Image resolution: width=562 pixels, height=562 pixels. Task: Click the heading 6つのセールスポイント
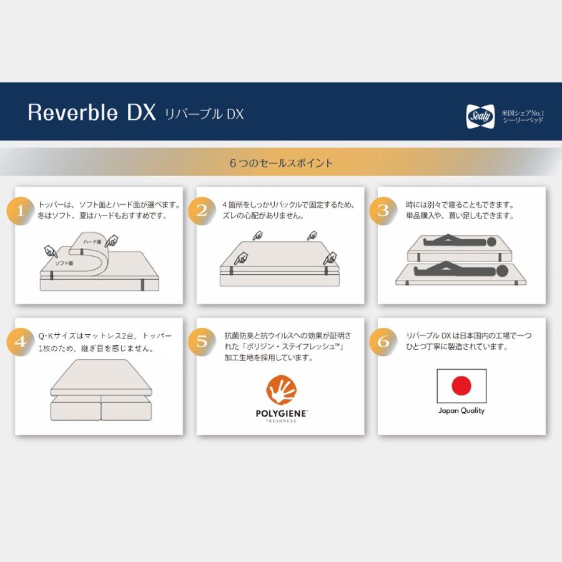click(281, 163)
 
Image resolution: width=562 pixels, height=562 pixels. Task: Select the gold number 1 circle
click(20, 210)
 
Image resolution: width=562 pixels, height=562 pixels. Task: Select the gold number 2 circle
click(201, 210)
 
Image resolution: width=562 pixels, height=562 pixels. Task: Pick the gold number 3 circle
click(383, 210)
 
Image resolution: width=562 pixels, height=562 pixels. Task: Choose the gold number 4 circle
click(20, 342)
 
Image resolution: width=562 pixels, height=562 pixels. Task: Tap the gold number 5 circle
click(201, 342)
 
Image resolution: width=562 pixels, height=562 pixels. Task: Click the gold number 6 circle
click(383, 342)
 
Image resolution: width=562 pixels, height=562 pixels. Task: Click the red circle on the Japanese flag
click(461, 385)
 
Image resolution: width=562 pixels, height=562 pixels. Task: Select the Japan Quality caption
click(461, 411)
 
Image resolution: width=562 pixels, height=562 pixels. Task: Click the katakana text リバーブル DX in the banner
click(204, 114)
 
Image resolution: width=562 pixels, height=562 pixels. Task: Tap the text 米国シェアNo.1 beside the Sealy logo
click(523, 112)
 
